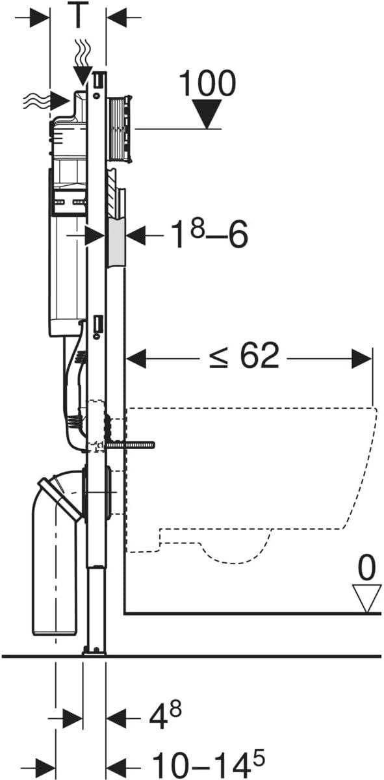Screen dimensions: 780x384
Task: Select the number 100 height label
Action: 207,83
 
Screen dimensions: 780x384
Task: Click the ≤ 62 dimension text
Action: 244,356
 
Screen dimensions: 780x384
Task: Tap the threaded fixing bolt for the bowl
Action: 132,445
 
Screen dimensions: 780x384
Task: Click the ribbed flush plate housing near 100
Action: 121,129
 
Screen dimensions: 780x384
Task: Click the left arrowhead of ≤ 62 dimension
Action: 135,357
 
